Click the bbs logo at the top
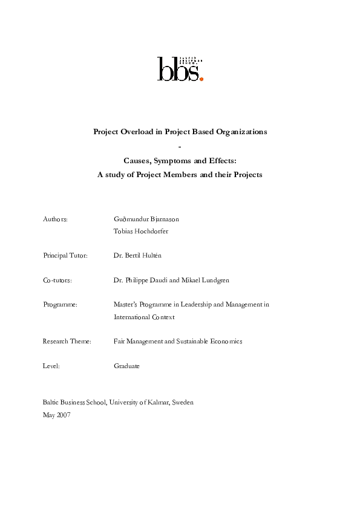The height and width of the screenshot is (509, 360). tap(180, 68)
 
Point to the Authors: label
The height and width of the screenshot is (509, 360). tap(55, 219)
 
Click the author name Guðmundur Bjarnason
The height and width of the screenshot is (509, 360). tap(146, 219)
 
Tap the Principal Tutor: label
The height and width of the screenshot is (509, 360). tap(65, 256)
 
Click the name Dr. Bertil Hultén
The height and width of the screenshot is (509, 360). tap(137, 256)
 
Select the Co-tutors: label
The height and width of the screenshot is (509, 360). tap(57, 280)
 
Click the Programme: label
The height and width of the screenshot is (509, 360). tap(61, 305)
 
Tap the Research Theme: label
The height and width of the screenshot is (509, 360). tap(67, 342)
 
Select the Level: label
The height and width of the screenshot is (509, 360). tap(51, 366)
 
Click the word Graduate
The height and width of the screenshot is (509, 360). tap(126, 366)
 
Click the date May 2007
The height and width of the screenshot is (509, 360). tap(57, 415)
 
